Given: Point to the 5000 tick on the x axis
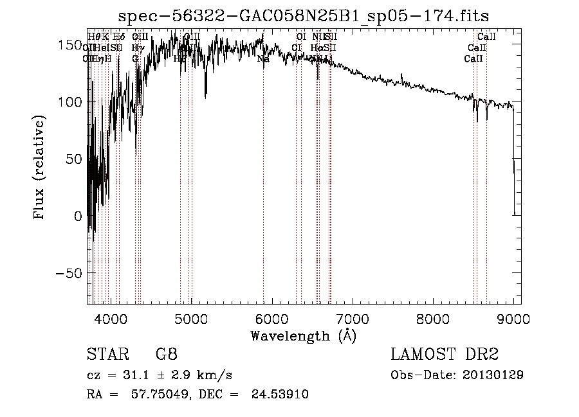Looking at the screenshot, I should pos(191,318).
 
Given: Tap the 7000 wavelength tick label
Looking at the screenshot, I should pos(353,318).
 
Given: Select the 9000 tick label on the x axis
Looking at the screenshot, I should pos(513,318).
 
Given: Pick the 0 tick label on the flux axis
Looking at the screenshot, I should pos(77,217).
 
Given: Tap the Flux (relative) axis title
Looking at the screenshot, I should pos(41,168).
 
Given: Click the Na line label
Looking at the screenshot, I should pos(262,59).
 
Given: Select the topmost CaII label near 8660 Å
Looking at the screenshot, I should pos(486,37).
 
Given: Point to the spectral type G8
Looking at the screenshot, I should pos(166,355).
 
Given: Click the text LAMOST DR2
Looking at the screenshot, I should pos(445,355).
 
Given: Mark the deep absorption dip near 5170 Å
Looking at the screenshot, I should pos(206,96).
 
